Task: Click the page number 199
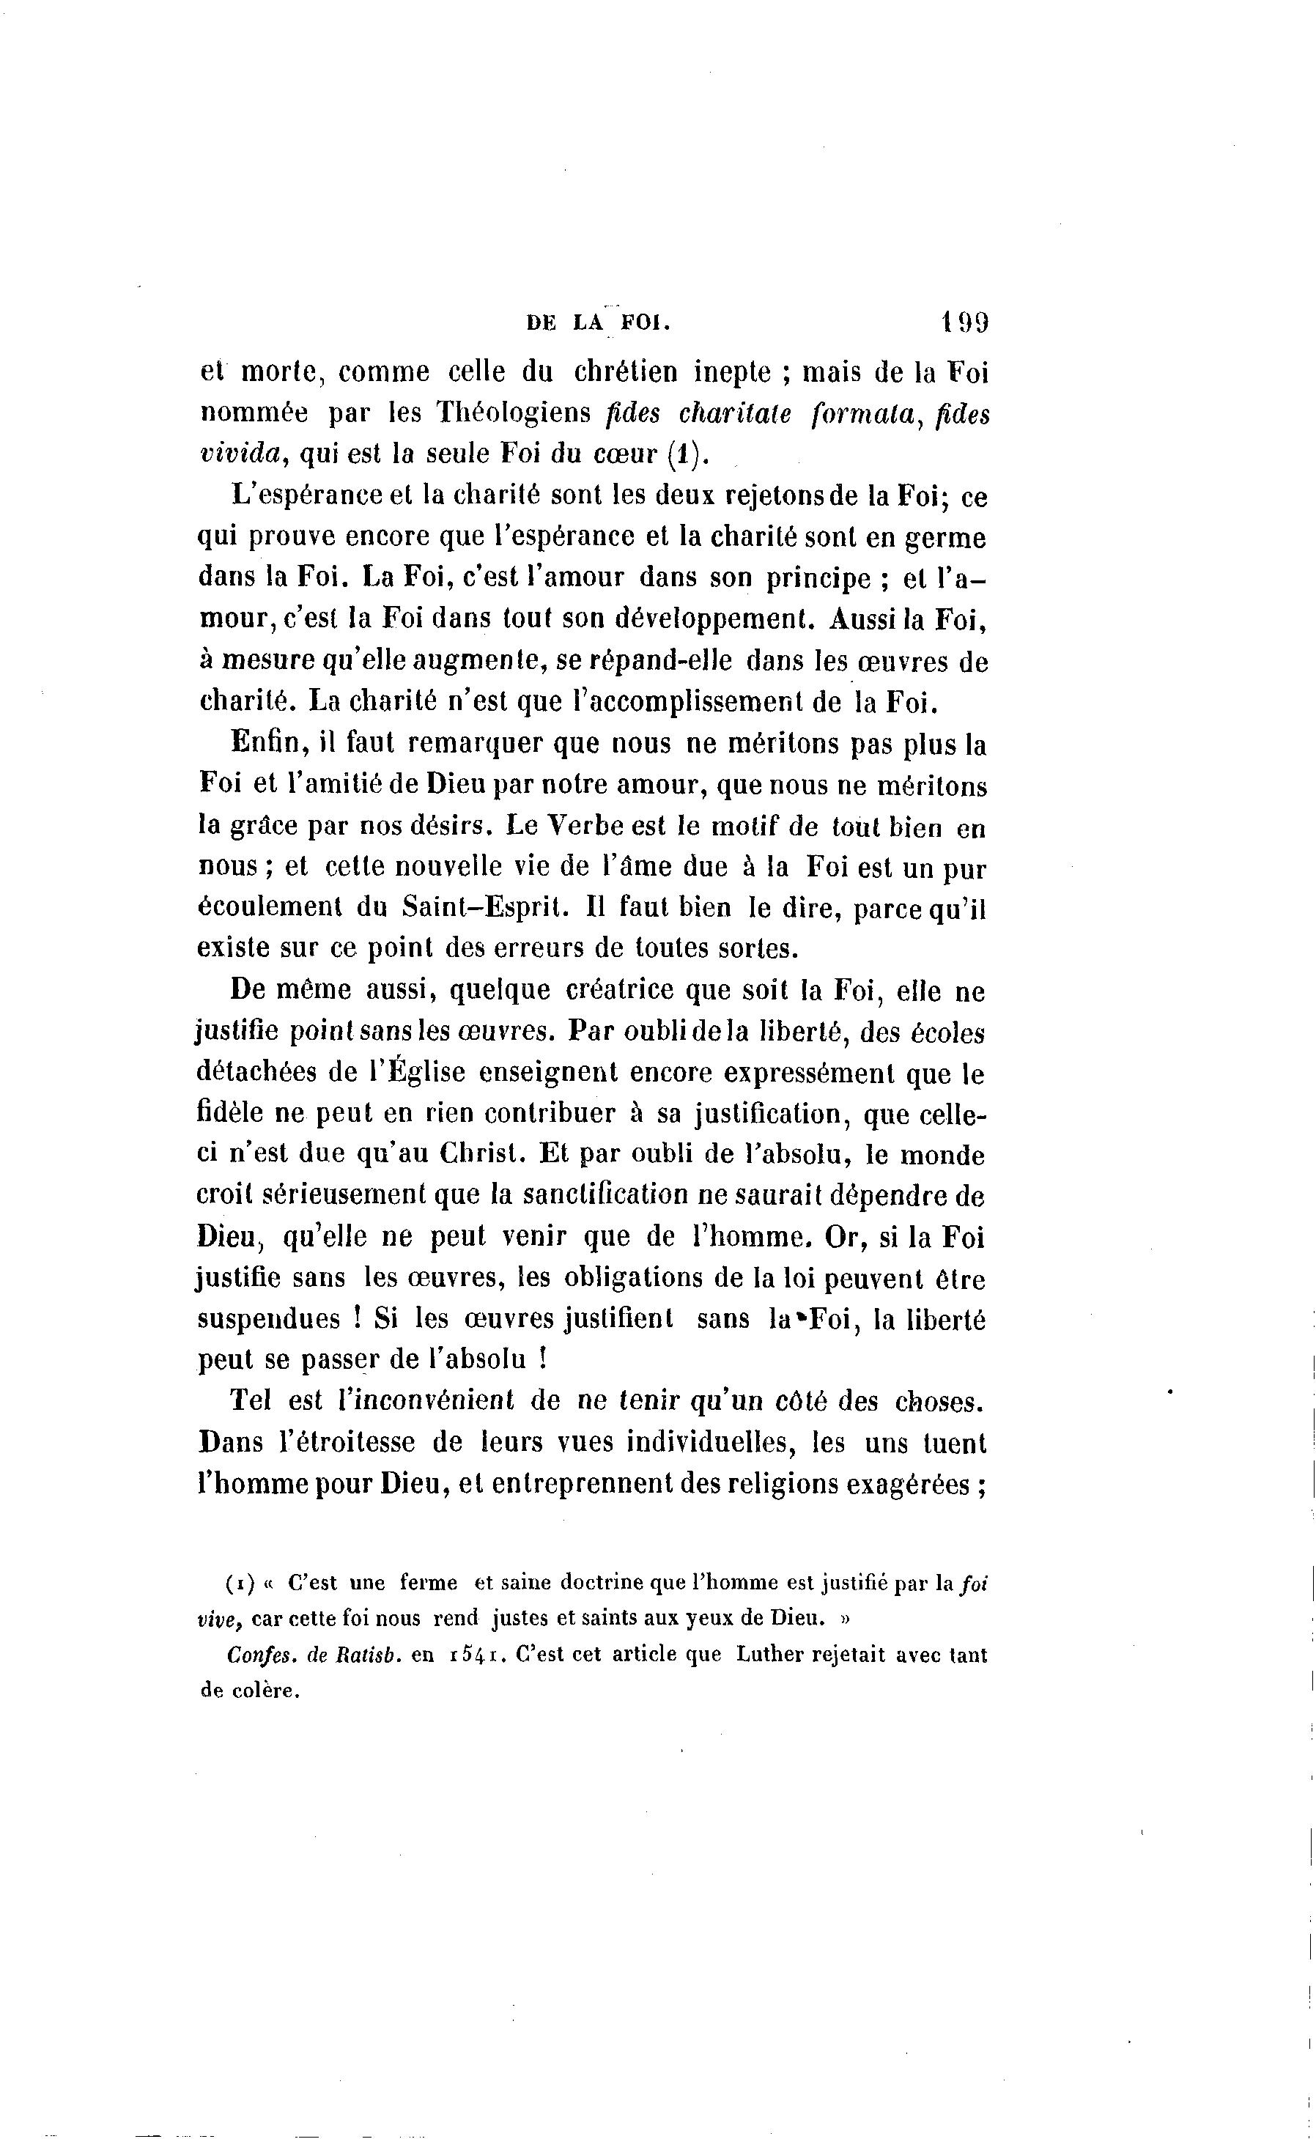964,323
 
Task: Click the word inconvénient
430,1401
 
